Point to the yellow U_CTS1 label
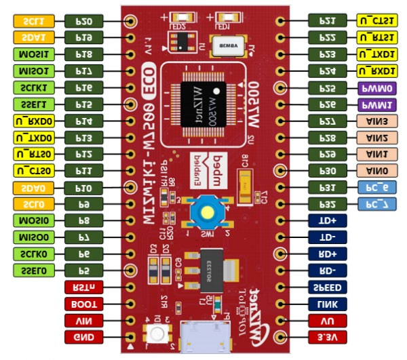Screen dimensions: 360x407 [x=375, y=20]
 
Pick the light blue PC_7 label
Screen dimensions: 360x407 [x=375, y=203]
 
